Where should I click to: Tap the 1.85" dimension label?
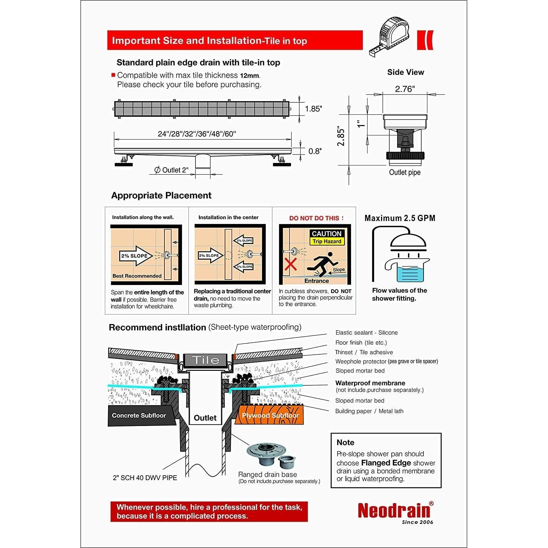(x=313, y=109)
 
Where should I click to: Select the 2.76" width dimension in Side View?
(x=405, y=89)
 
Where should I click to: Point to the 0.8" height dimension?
(x=315, y=151)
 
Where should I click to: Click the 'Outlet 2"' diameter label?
(x=172, y=170)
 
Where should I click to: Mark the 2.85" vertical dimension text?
(x=341, y=137)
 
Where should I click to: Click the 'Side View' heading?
(x=406, y=72)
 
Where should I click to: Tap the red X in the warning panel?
(x=290, y=264)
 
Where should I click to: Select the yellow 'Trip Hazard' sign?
(x=327, y=241)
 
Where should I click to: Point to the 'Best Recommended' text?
(x=137, y=276)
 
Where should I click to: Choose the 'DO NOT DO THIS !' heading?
(x=316, y=218)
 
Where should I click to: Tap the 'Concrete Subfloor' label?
(x=139, y=416)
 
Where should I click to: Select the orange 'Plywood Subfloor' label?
(x=270, y=416)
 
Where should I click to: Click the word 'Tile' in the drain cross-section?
(x=206, y=360)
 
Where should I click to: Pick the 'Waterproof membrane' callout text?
(x=370, y=383)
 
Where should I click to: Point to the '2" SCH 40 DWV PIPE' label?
(x=145, y=478)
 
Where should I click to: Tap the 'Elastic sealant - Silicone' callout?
(x=366, y=333)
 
